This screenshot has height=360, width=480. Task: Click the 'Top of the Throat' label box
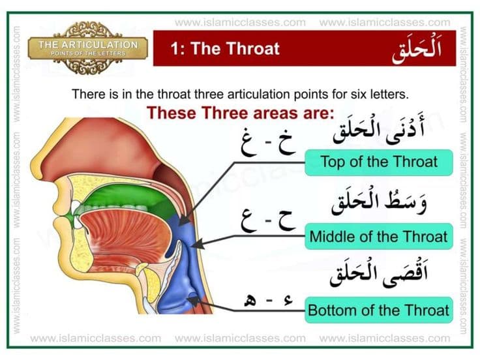[x=379, y=162]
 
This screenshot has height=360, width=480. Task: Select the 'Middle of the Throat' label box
[x=379, y=235]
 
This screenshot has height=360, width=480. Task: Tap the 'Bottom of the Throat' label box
[x=379, y=309]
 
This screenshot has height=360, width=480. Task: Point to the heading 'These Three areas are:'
[x=240, y=112]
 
